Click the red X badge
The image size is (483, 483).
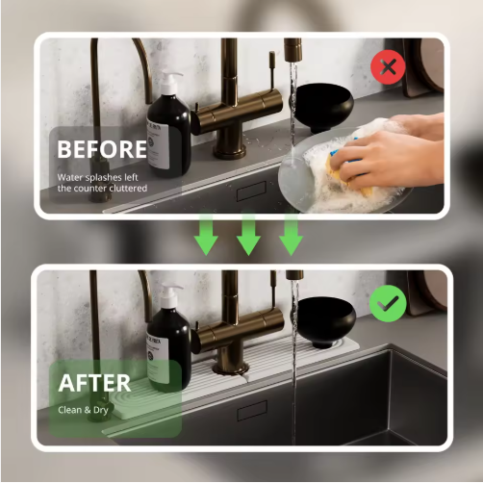click(x=388, y=67)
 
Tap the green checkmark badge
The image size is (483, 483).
click(x=388, y=303)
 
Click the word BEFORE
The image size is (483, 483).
click(x=102, y=149)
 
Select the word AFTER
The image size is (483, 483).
click(x=94, y=383)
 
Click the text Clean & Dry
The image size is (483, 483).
click(x=83, y=410)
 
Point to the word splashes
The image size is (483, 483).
click(x=104, y=177)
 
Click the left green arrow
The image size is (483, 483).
click(x=206, y=235)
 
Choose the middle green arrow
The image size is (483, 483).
click(x=248, y=235)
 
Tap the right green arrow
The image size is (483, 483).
click(x=291, y=235)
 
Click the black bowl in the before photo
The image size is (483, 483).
click(x=322, y=107)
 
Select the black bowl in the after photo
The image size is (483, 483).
click(x=323, y=320)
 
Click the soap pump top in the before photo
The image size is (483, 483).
click(x=169, y=83)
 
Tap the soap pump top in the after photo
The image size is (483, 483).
click(x=170, y=295)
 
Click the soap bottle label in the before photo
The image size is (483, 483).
click(x=158, y=143)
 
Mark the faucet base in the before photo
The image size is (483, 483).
click(x=230, y=151)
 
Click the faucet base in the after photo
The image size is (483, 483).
click(x=231, y=367)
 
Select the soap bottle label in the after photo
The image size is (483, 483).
click(x=158, y=358)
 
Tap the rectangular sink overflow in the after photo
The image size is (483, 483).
click(x=252, y=411)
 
